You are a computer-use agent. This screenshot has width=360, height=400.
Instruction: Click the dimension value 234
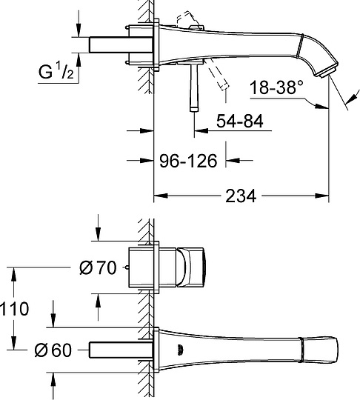click(241, 196)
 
